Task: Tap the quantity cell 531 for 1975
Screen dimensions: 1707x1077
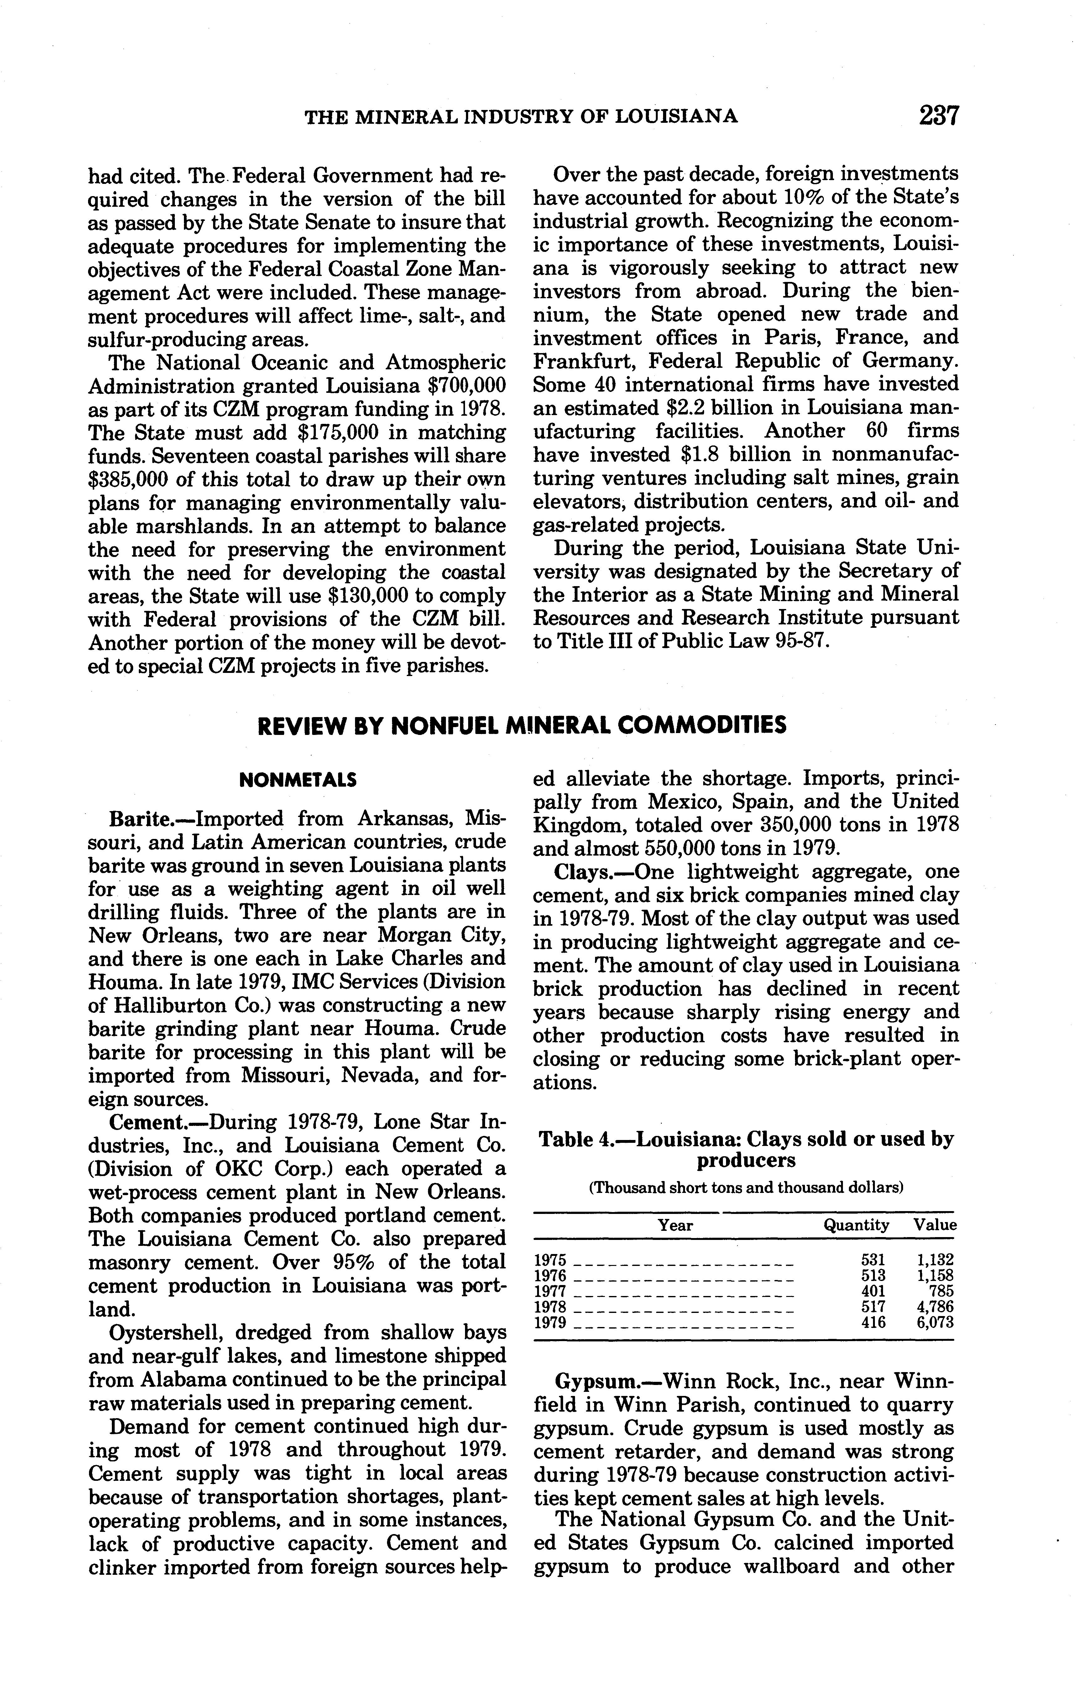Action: [873, 1260]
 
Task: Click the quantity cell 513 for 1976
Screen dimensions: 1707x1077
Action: [873, 1275]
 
